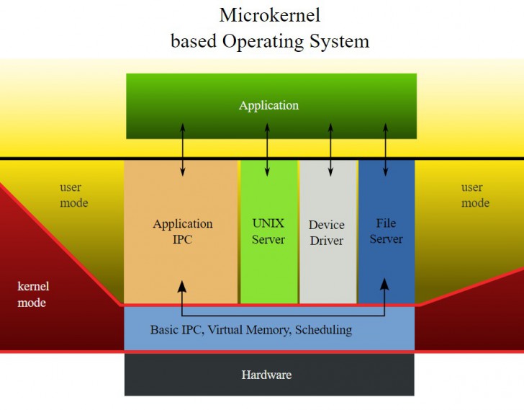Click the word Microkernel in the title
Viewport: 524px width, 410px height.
point(270,15)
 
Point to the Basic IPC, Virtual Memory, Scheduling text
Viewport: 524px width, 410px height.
point(250,330)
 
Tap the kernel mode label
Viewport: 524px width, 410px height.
point(33,295)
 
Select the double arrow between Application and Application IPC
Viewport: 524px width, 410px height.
point(183,149)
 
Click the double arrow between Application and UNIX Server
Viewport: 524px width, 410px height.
point(268,149)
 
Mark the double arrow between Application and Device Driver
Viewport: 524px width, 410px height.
point(330,149)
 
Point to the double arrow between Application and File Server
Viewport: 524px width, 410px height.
point(385,149)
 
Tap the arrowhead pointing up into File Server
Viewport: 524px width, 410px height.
point(385,284)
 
